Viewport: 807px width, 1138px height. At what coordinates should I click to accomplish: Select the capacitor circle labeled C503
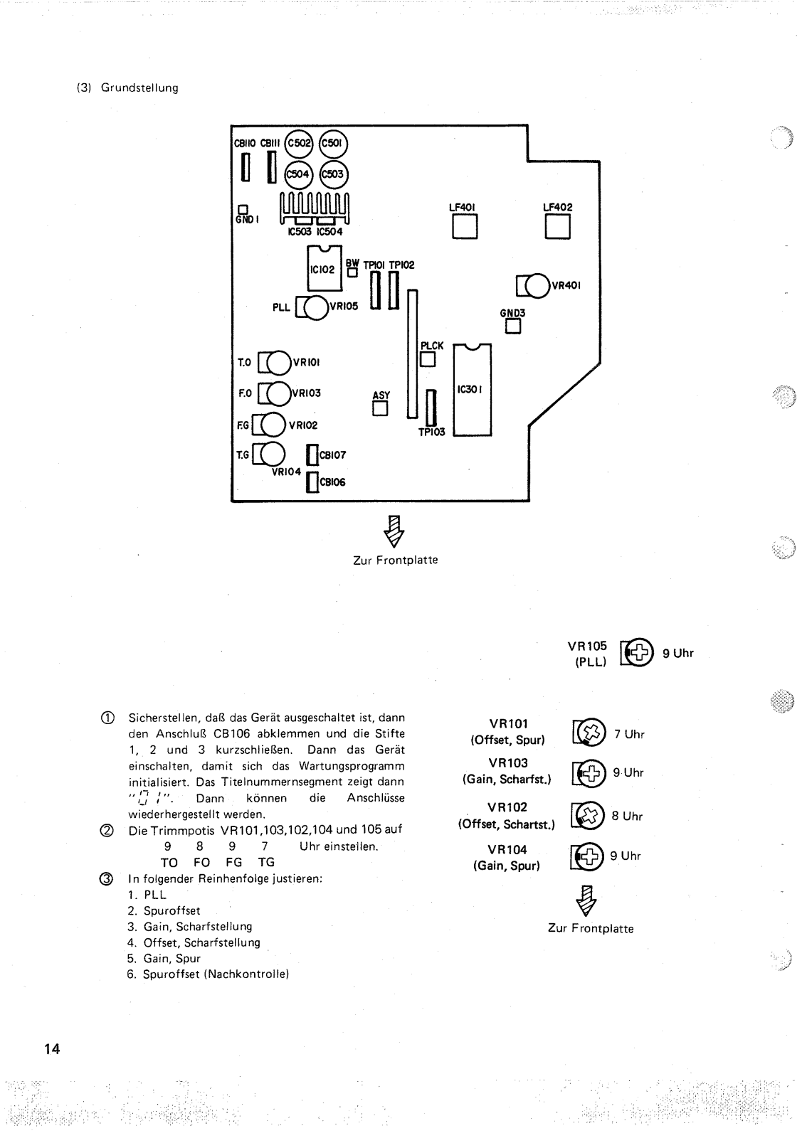[332, 174]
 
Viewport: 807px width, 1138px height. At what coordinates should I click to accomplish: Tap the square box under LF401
[464, 227]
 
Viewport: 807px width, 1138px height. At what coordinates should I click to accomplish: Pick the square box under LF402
[557, 227]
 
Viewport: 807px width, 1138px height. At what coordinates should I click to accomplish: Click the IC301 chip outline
[472, 390]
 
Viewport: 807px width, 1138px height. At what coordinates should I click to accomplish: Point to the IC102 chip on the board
[324, 270]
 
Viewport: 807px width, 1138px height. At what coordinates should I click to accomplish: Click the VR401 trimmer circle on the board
[535, 286]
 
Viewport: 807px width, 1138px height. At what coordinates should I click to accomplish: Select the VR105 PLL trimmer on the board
[316, 307]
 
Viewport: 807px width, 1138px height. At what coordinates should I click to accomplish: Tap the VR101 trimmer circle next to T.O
[278, 363]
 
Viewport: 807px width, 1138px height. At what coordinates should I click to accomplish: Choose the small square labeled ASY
[381, 408]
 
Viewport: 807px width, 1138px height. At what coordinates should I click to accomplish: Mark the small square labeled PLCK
[428, 360]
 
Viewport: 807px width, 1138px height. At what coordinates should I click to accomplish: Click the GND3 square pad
[513, 326]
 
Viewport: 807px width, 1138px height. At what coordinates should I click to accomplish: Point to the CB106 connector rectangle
[312, 482]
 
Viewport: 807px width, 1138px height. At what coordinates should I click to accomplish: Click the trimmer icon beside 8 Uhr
[589, 816]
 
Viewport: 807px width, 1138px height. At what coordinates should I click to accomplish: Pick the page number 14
[52, 1049]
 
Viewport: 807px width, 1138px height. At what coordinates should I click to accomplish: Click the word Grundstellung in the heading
[139, 88]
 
